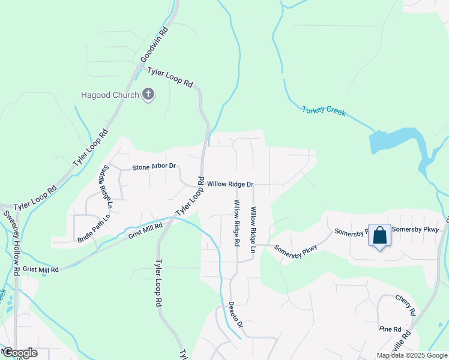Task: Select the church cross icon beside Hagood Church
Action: pos(148,94)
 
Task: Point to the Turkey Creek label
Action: pos(324,111)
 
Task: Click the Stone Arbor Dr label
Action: pos(154,166)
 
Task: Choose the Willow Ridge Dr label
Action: pos(231,184)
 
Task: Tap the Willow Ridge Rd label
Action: pos(237,223)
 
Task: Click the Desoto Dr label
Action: pos(235,314)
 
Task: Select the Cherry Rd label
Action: pos(405,304)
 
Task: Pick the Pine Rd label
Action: pos(390,329)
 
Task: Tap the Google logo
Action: pos(19,353)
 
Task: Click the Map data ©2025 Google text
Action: pos(412,355)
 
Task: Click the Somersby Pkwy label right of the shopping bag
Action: pos(415,229)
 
